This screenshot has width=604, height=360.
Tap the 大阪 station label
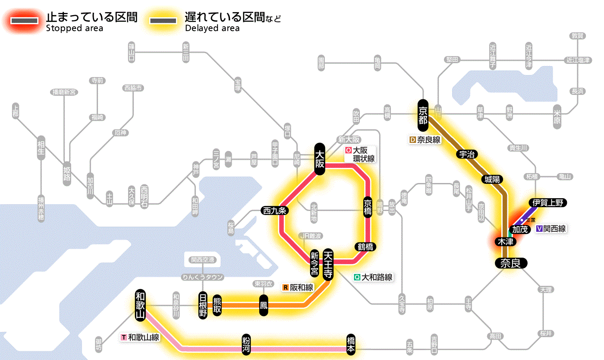click(x=319, y=159)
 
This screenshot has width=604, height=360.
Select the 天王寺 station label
click(x=327, y=265)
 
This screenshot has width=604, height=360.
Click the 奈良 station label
click(x=510, y=263)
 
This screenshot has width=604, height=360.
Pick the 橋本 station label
click(x=351, y=344)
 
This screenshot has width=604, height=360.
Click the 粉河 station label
click(x=246, y=344)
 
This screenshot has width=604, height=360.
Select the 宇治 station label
click(x=468, y=155)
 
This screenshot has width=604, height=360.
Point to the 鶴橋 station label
click(x=365, y=247)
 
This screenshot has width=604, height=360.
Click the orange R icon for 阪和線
click(x=286, y=287)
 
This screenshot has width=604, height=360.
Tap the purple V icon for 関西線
click(x=539, y=229)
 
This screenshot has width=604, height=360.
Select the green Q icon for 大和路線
click(x=357, y=277)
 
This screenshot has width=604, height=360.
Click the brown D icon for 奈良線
click(x=412, y=140)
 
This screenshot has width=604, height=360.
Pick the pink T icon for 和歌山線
click(x=124, y=337)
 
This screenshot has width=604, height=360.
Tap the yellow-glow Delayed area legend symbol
click(x=163, y=21)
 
